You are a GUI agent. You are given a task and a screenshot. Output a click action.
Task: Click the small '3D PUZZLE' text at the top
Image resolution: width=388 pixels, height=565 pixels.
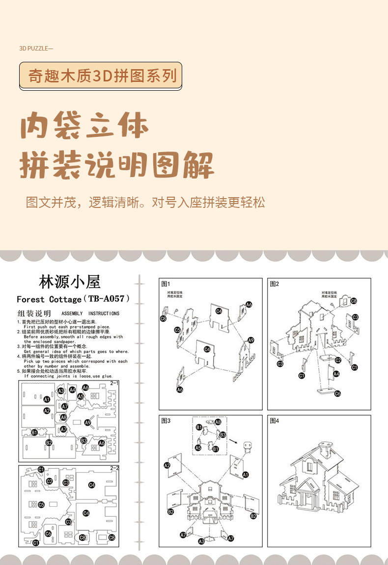[35, 49]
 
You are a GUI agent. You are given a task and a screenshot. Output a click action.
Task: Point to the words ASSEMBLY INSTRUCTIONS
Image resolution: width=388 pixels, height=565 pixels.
[90, 313]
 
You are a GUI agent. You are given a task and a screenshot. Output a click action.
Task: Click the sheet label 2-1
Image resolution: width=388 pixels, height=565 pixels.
[114, 383]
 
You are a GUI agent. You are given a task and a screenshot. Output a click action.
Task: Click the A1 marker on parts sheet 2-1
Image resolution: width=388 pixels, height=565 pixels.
[47, 399]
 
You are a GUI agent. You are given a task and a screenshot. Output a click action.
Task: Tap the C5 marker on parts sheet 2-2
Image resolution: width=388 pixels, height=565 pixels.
[41, 504]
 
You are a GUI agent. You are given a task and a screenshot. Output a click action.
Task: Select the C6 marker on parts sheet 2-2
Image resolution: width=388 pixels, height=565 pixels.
[48, 533]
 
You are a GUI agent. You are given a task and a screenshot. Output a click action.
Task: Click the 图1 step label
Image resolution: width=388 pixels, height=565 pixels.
[165, 283]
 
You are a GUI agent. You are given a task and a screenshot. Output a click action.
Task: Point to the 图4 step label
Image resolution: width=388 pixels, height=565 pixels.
[274, 420]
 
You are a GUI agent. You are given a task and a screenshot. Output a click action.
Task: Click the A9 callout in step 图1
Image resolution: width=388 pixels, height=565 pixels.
[250, 340]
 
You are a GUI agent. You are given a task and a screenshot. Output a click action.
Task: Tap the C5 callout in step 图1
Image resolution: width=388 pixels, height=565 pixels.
[177, 330]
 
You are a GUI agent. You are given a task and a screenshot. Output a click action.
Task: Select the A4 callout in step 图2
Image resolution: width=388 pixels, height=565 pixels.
[336, 374]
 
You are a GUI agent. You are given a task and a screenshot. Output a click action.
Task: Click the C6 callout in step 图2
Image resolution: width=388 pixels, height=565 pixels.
[337, 393]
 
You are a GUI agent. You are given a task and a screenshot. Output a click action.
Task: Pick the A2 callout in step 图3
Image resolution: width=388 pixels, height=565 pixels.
[167, 465]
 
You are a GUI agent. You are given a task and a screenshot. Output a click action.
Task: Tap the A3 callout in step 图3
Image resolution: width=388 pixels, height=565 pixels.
[201, 541]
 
